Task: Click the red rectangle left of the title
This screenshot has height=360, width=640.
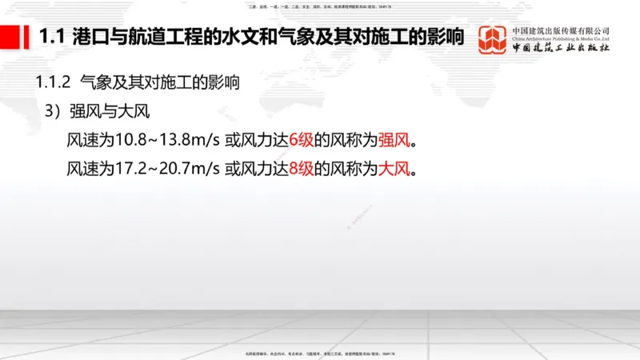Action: click(16, 38)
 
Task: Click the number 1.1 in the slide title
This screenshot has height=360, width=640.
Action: click(51, 38)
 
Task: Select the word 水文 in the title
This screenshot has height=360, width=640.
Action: click(263, 38)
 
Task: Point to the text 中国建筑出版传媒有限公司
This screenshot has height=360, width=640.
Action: click(561, 30)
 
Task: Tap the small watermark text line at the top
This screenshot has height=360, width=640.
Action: click(319, 6)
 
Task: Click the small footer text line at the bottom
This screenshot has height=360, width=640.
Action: click(319, 353)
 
